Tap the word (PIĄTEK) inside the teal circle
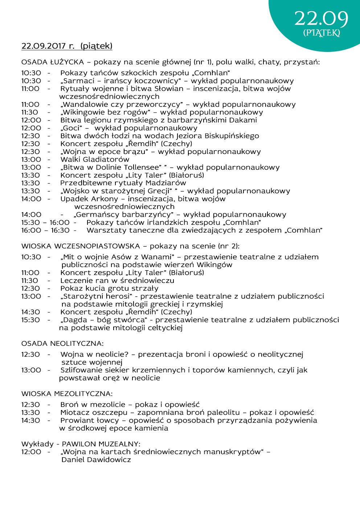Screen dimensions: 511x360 322,33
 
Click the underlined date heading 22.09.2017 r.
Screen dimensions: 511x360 48,46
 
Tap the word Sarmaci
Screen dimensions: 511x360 79,81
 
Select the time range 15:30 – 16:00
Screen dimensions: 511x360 45,223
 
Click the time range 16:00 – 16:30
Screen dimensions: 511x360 45,230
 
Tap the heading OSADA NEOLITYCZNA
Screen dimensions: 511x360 62,344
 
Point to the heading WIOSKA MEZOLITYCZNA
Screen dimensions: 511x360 67,394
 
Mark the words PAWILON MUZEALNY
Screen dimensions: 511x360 101,444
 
